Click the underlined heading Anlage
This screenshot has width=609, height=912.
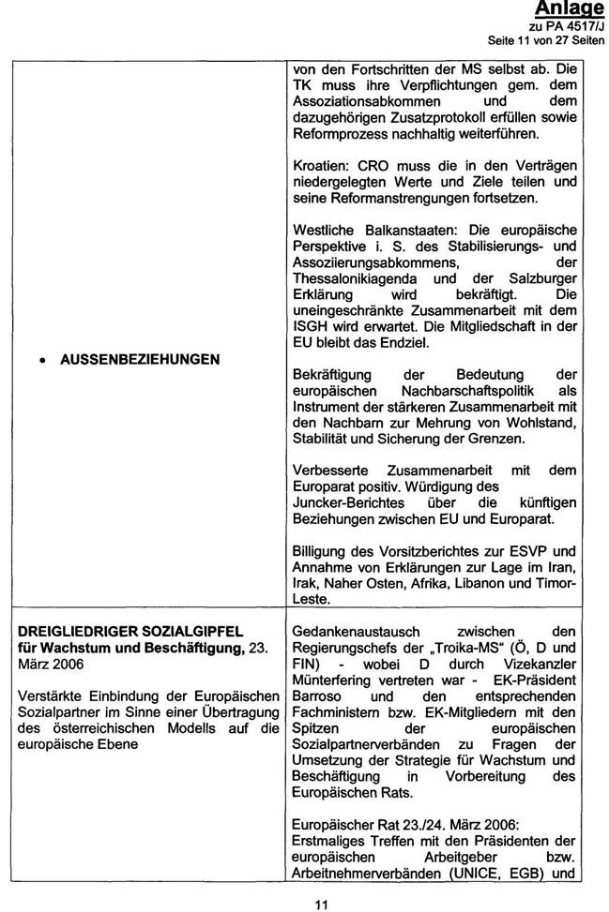coord(570,9)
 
